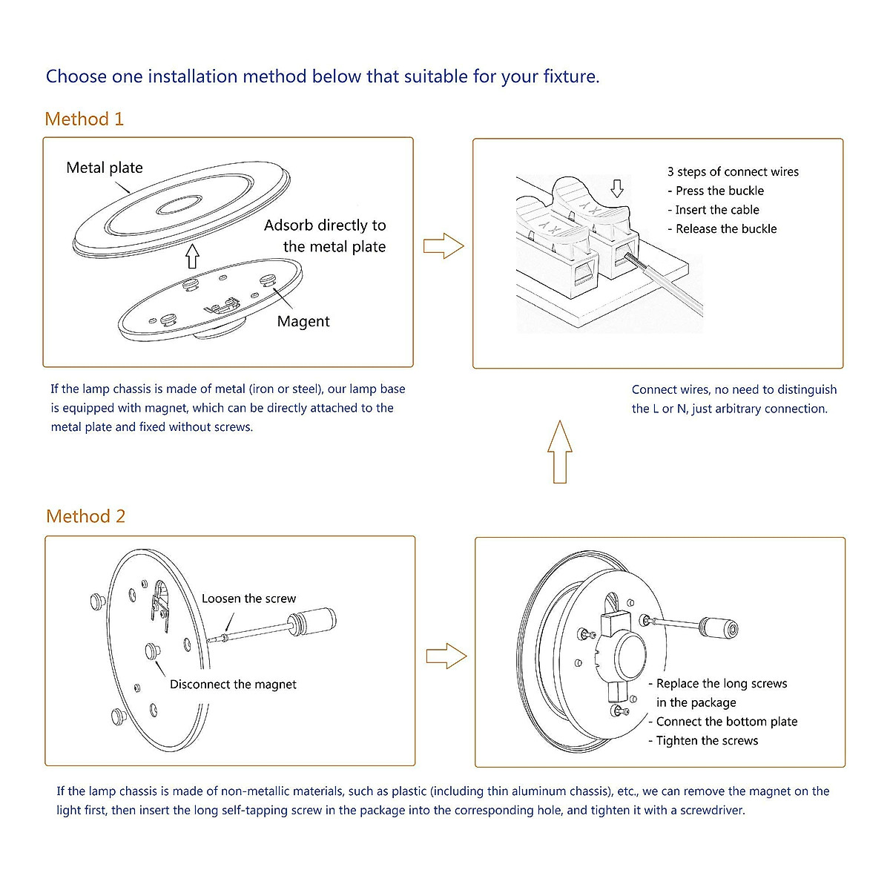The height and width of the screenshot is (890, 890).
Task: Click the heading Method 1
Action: point(84,119)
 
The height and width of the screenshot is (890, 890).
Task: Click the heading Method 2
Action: point(85,516)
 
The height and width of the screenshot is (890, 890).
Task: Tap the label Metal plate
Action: point(104,168)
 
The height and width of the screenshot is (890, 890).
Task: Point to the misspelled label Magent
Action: point(303,321)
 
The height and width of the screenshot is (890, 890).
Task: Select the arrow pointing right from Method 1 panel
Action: point(443,245)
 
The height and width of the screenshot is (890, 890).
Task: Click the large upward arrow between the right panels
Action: point(560,452)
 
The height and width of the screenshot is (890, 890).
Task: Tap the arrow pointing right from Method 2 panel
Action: point(446,656)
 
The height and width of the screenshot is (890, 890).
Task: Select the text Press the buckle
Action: point(719,191)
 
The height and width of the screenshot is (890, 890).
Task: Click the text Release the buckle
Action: point(725,228)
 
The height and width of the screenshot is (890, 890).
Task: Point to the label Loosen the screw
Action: point(248,599)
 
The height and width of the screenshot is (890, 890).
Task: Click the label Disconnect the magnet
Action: point(233,685)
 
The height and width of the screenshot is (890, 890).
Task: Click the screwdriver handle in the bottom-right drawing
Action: point(720,630)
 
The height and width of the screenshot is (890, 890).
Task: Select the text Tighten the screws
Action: point(706,740)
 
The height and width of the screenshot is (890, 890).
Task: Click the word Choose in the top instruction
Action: point(76,76)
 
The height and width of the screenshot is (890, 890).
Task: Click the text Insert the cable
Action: point(716,210)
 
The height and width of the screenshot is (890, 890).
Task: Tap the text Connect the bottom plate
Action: point(726,722)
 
